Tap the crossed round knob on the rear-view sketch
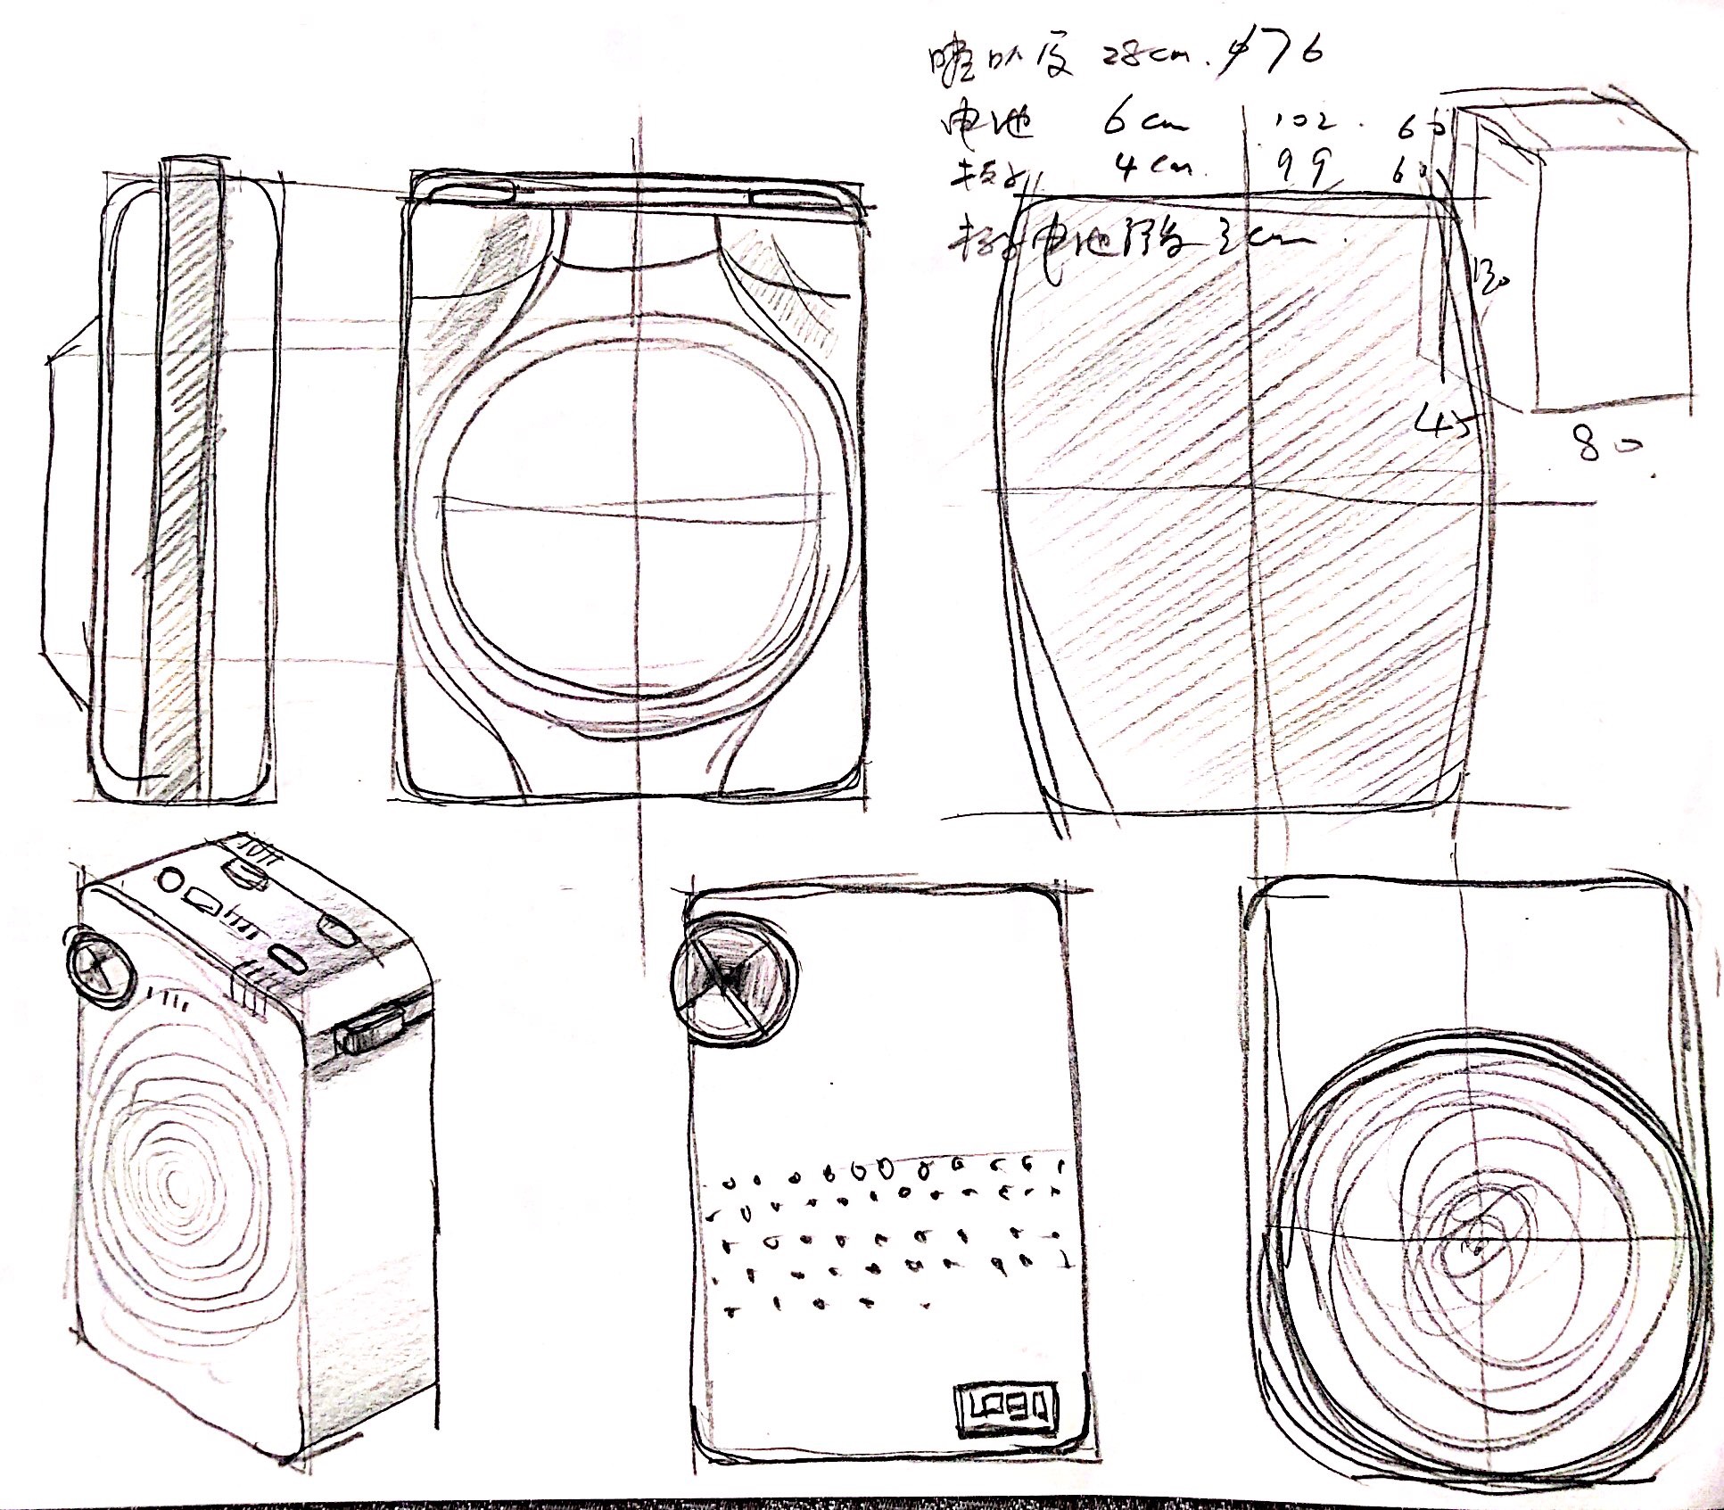[733, 977]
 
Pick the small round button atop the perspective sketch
[170, 881]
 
